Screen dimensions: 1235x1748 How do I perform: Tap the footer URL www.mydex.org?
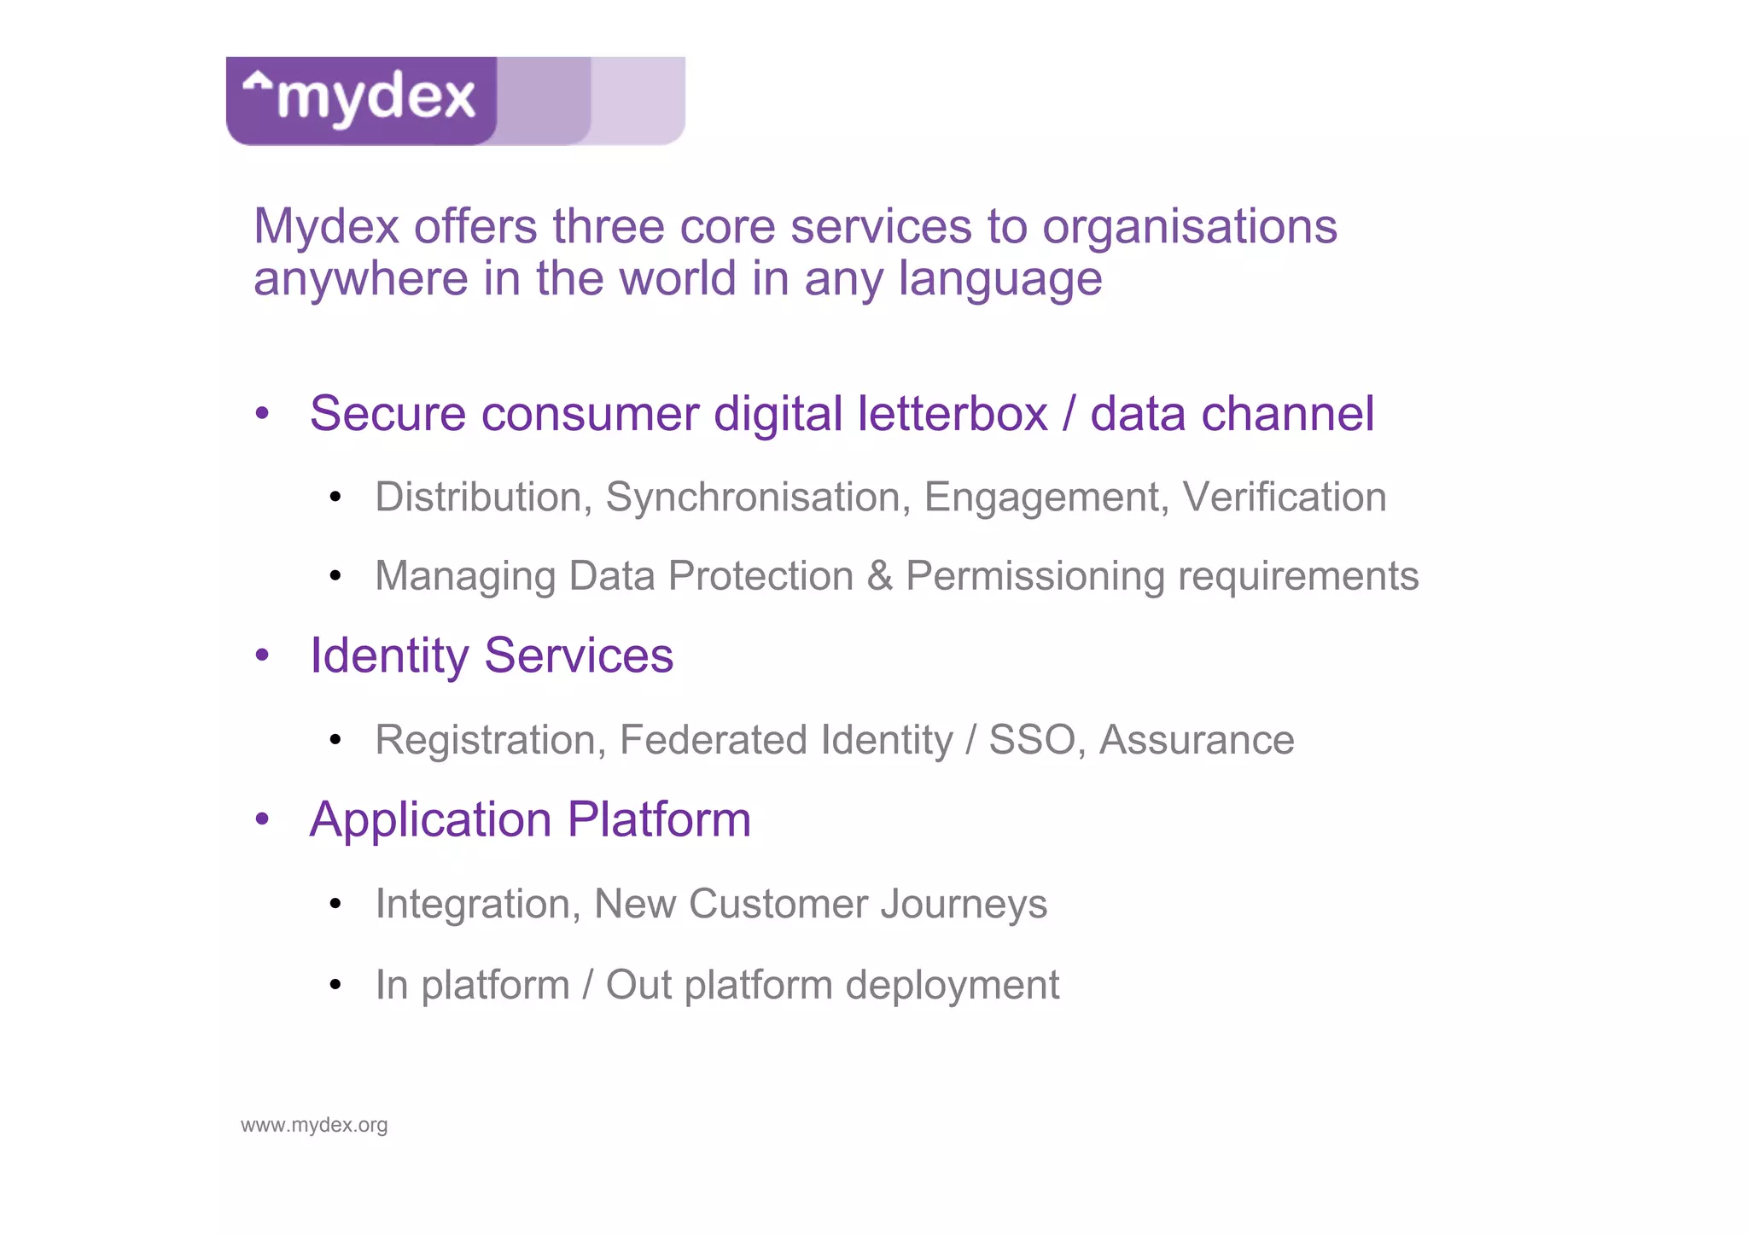click(314, 1125)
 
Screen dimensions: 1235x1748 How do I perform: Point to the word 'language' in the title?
click(1000, 281)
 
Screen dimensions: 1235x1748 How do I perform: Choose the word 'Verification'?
click(1284, 497)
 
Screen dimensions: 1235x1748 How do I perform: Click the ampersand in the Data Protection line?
click(879, 576)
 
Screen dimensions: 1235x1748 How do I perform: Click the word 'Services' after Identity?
click(579, 656)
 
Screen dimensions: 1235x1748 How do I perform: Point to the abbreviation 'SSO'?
click(1031, 740)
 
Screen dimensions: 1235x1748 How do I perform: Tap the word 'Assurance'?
click(1196, 740)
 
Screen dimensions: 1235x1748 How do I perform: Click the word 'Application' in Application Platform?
click(430, 821)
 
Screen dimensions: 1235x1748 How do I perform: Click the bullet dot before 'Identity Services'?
click(262, 655)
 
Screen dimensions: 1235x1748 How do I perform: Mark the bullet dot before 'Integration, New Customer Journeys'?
click(335, 904)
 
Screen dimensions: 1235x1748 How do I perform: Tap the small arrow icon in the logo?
click(257, 82)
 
